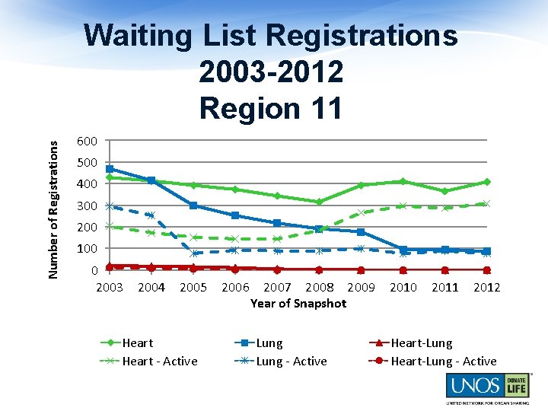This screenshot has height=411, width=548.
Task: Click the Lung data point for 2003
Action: (x=110, y=169)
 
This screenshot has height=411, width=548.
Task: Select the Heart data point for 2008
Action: (x=319, y=202)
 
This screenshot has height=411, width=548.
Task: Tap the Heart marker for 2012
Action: (x=486, y=182)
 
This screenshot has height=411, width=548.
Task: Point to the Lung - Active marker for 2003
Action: (x=110, y=205)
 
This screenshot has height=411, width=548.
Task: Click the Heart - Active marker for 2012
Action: (x=486, y=203)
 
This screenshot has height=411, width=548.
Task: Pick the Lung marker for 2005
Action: (x=193, y=205)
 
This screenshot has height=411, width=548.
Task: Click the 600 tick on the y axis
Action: (x=87, y=142)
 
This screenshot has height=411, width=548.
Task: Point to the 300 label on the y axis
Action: (x=87, y=206)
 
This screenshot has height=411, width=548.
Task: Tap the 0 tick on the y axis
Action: (x=92, y=270)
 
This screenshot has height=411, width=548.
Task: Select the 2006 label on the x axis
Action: (x=235, y=288)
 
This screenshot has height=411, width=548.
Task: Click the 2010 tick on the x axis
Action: (x=403, y=288)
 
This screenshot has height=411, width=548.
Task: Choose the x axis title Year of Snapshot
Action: (x=298, y=303)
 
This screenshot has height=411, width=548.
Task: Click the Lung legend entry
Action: (x=269, y=343)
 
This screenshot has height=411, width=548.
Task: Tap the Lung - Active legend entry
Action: (x=291, y=362)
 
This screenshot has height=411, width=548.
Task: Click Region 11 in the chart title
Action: (x=271, y=108)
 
